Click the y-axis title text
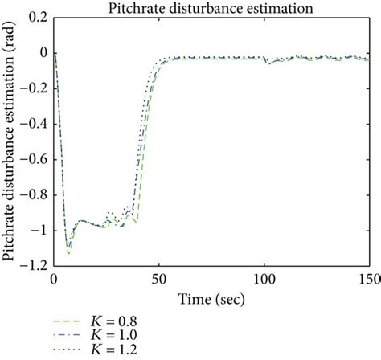pos(10,140)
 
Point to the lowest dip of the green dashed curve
pos(68,254)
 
